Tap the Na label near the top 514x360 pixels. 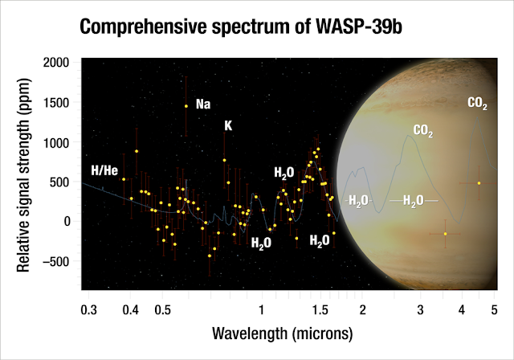(x=203, y=104)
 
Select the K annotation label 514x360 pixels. (x=229, y=126)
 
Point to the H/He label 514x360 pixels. (x=105, y=170)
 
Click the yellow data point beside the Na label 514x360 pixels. (x=186, y=106)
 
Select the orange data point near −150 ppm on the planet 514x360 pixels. (x=445, y=234)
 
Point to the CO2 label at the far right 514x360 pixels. (x=478, y=103)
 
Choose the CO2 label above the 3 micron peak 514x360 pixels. (x=423, y=130)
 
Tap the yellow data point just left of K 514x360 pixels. (x=224, y=160)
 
